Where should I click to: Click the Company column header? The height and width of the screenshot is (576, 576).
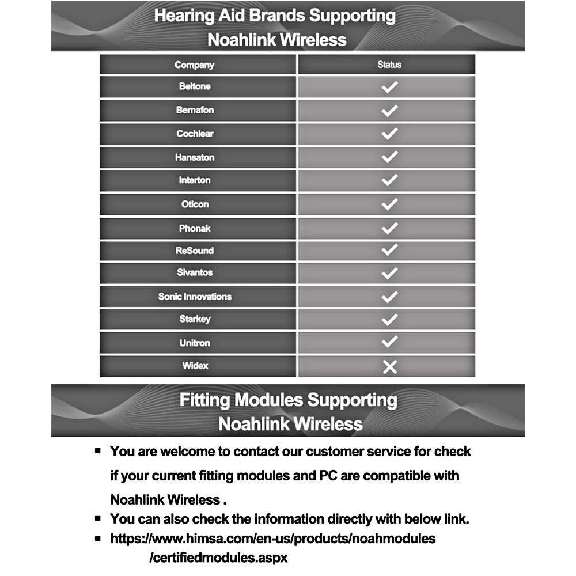click(194, 65)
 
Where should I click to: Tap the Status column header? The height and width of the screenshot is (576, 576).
click(389, 65)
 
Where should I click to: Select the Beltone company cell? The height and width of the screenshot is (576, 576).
click(195, 86)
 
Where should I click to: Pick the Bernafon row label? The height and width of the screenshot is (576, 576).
click(195, 110)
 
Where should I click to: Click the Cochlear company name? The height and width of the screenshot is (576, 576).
click(195, 134)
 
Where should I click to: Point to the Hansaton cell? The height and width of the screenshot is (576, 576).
click(195, 157)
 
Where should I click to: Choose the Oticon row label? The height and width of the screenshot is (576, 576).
click(195, 204)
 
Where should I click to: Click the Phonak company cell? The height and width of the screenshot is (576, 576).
click(195, 229)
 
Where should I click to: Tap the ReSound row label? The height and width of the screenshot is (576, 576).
click(195, 251)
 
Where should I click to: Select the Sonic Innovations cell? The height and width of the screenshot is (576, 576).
click(195, 297)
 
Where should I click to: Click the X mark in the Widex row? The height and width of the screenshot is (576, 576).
click(390, 366)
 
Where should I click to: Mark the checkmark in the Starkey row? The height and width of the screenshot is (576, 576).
click(390, 319)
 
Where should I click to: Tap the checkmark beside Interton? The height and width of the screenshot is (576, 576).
click(390, 180)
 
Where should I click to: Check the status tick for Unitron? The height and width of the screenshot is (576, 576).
click(390, 342)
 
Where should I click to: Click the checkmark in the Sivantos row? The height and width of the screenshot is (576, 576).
click(390, 272)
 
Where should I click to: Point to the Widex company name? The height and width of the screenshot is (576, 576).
click(195, 366)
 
